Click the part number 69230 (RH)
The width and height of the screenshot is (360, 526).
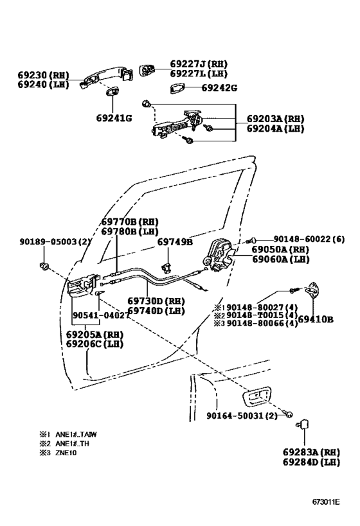point(42,75)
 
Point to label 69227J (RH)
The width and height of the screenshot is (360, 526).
point(199,64)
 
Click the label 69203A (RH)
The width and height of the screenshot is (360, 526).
point(275,119)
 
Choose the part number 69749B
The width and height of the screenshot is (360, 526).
point(175,242)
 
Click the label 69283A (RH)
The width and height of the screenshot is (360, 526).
point(310,451)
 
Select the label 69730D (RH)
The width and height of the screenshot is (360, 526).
point(156,301)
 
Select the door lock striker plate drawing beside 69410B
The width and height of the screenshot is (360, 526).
point(317,293)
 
